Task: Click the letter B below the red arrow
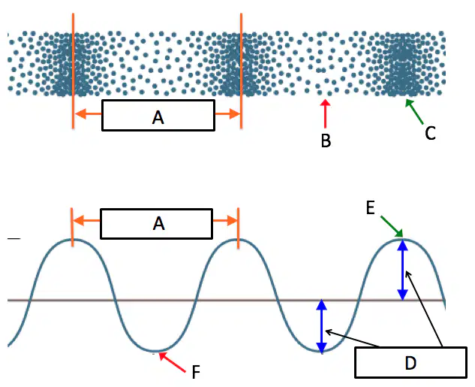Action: click(x=326, y=141)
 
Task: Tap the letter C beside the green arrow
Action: click(x=430, y=133)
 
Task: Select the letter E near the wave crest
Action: click(x=371, y=208)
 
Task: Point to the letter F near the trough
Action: click(x=196, y=372)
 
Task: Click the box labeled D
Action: click(x=410, y=362)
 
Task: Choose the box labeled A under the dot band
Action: click(x=158, y=115)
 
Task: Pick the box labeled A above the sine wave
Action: click(x=156, y=224)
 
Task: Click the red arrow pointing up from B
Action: click(x=326, y=113)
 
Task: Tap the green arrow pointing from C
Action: click(x=414, y=112)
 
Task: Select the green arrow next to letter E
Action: click(x=392, y=226)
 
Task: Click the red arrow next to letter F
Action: click(x=172, y=362)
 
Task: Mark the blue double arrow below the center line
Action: click(x=321, y=326)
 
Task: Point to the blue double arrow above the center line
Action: click(x=403, y=270)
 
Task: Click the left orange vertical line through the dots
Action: click(x=73, y=71)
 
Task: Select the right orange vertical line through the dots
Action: click(x=241, y=71)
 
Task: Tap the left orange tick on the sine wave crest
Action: click(x=72, y=228)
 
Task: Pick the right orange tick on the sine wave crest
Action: click(x=238, y=228)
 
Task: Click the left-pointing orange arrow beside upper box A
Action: click(x=88, y=114)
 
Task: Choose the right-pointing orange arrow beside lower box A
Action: click(x=225, y=220)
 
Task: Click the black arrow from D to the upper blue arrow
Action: click(x=423, y=309)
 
